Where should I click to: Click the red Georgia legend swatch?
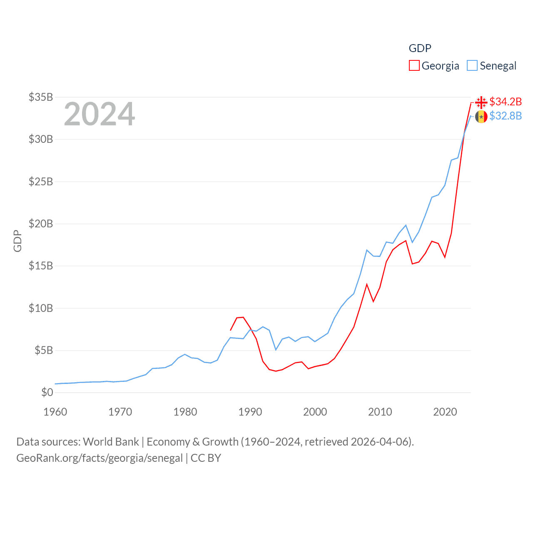point(414,66)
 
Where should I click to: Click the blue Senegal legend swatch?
point(472,66)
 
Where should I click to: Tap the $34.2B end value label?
point(506,102)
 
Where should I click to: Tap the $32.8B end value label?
point(506,116)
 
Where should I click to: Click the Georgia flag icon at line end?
point(481,102)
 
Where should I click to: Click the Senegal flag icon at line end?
point(481,117)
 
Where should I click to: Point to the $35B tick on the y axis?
point(41,97)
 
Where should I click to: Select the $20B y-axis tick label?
point(41,224)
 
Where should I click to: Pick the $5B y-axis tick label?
point(44,350)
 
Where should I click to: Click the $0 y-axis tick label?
point(47,392)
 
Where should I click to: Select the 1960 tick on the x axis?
point(55,412)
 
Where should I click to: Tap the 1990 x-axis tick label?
point(250,412)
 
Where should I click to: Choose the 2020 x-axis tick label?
point(445,412)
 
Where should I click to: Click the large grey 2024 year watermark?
point(100,114)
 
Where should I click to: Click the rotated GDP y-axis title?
point(17,241)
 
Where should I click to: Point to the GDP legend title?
point(420,48)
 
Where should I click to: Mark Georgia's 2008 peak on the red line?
point(367,284)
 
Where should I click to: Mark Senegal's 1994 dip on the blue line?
point(276,350)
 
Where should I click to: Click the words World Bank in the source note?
point(111,441)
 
